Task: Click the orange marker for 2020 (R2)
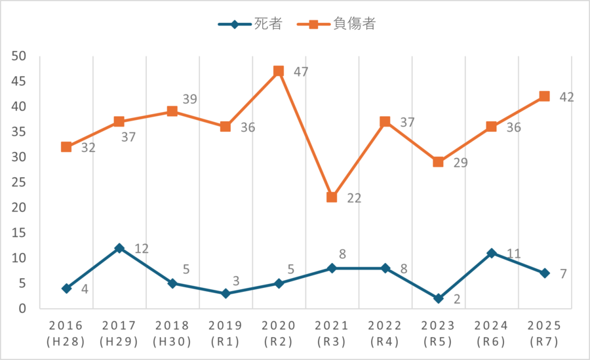(279, 71)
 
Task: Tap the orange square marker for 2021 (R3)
(332, 197)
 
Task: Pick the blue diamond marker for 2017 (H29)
(119, 248)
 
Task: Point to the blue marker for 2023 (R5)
(438, 298)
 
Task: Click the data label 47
(301, 72)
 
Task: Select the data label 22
(354, 198)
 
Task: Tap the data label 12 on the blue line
(142, 249)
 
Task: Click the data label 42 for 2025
(566, 97)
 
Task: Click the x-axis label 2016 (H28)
(66, 334)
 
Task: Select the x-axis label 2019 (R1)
(226, 334)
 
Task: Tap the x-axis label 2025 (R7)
(544, 334)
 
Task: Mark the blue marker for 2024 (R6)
(491, 253)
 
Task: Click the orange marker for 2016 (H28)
(66, 147)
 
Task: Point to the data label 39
(189, 100)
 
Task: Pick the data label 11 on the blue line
(513, 253)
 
